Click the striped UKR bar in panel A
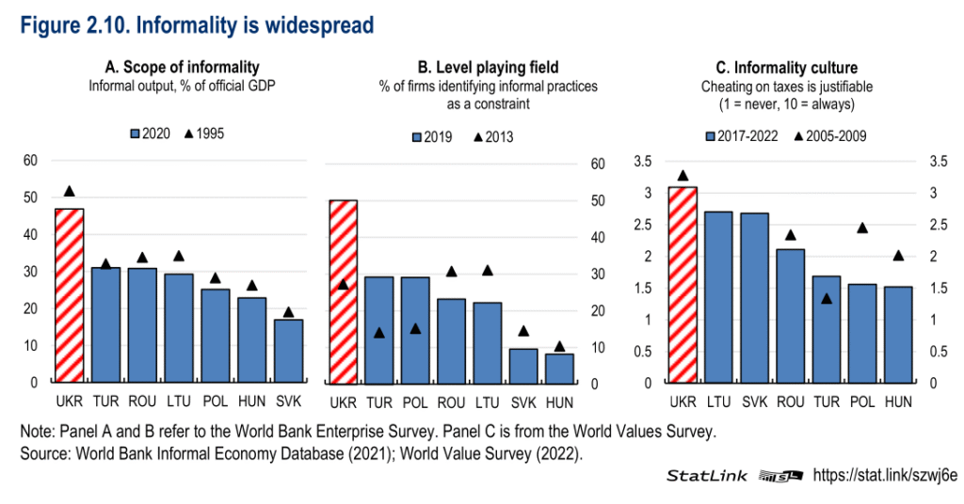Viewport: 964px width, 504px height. pyautogui.click(x=69, y=295)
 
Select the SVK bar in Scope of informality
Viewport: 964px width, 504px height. pyautogui.click(x=288, y=351)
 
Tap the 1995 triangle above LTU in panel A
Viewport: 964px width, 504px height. pyautogui.click(x=179, y=256)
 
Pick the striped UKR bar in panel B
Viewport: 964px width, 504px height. pyautogui.click(x=342, y=291)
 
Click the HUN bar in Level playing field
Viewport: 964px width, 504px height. pyautogui.click(x=559, y=369)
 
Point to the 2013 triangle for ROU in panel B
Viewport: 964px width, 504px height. pyautogui.click(x=451, y=272)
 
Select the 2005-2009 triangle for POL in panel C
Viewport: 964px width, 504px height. pyautogui.click(x=861, y=228)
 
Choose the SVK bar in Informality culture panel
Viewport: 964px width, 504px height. pyautogui.click(x=754, y=297)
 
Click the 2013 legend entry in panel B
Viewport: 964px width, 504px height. pyautogui.click(x=493, y=137)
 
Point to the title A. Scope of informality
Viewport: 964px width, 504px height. pyautogui.click(x=182, y=67)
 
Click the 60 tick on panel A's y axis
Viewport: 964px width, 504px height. pyautogui.click(x=30, y=161)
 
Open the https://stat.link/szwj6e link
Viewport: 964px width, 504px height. pyautogui.click(x=884, y=475)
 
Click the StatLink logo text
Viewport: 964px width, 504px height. pyautogui.click(x=707, y=476)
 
